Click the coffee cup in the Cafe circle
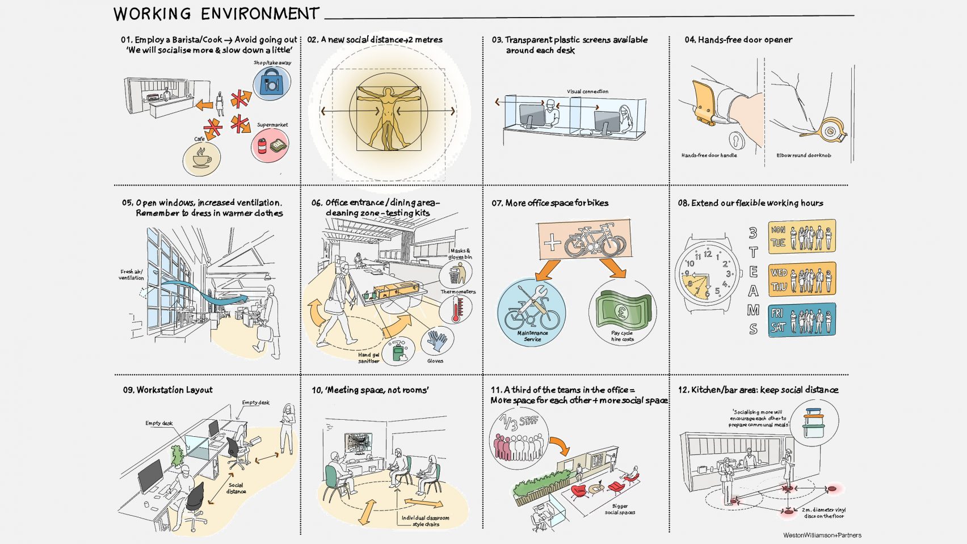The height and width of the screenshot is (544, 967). (x=201, y=158)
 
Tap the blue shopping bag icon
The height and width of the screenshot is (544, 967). (x=271, y=83)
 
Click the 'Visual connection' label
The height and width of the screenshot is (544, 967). (x=587, y=91)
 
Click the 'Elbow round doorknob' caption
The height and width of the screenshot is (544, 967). (x=804, y=155)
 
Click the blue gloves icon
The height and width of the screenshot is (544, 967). (x=437, y=341)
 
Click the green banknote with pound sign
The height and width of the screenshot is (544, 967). (x=622, y=310)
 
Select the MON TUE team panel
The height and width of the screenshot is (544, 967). (x=802, y=237)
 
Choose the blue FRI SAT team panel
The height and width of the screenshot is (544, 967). (x=802, y=321)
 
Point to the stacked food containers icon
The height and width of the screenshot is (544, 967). (x=815, y=422)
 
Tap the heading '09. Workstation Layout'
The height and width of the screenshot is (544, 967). (x=168, y=390)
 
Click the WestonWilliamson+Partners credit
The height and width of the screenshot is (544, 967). (x=822, y=535)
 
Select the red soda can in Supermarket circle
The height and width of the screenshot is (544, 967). (x=262, y=147)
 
